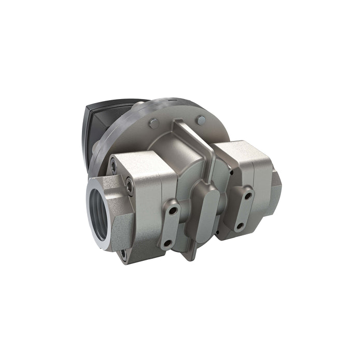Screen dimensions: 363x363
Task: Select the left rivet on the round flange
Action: point(153,122)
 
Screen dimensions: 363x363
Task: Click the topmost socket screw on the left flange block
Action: point(113,166)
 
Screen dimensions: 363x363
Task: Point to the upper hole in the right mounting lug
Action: point(248,196)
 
